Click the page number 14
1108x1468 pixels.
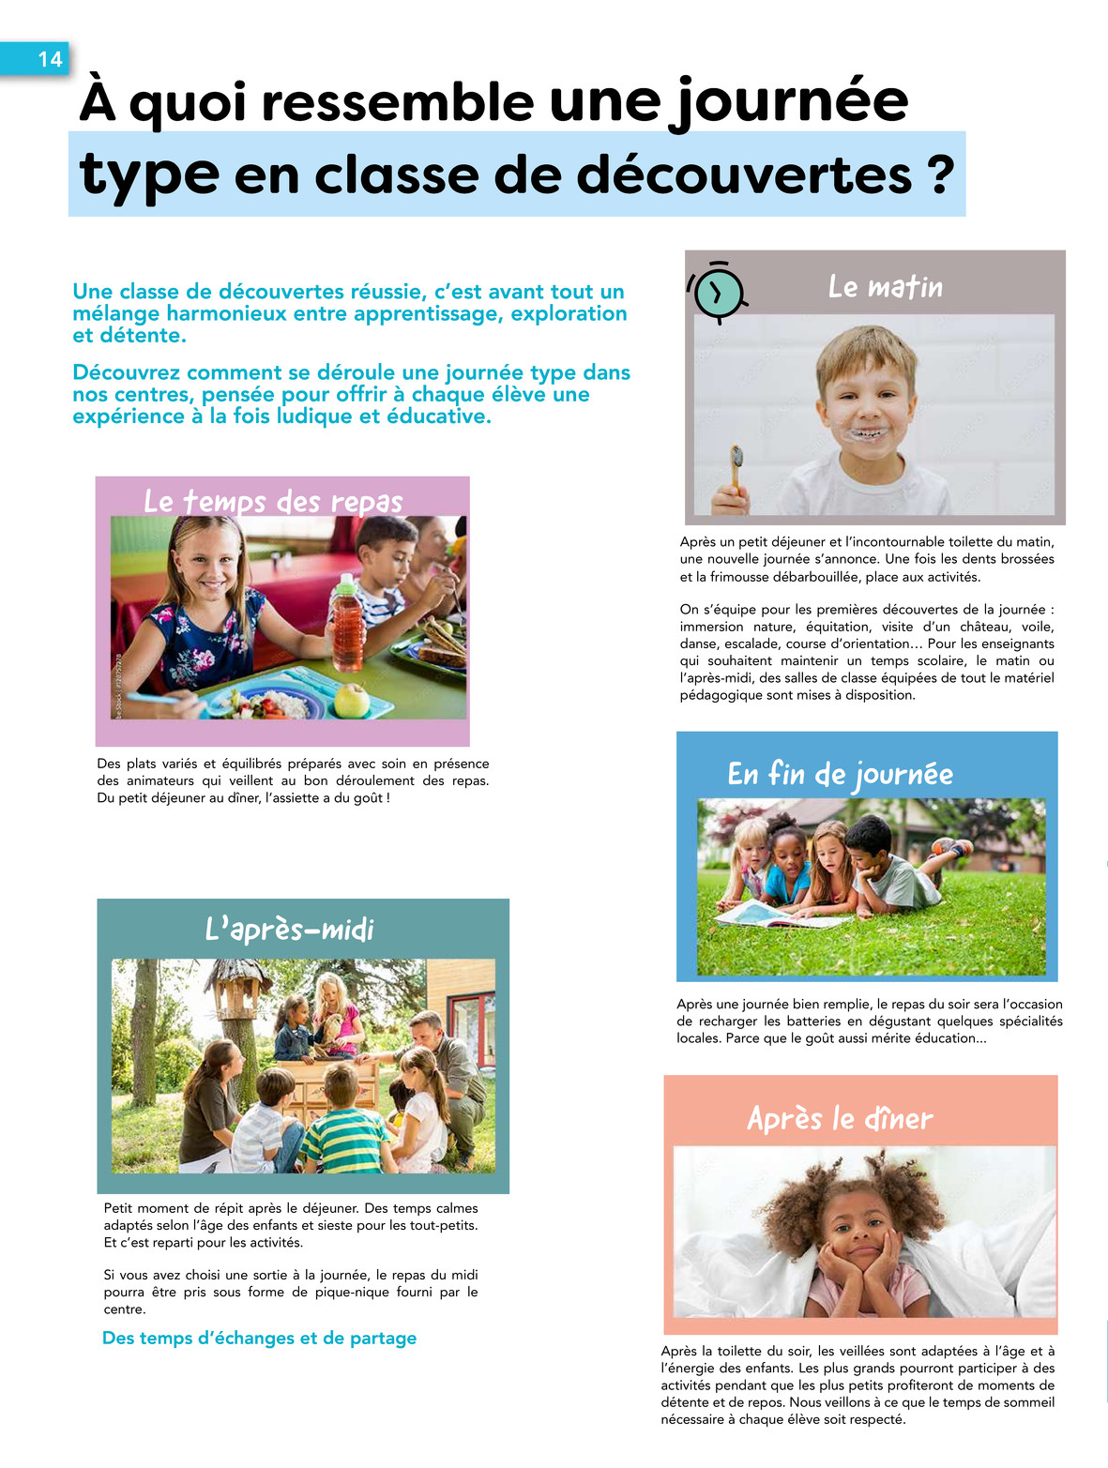point(50,59)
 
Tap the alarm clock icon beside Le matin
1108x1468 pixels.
point(718,293)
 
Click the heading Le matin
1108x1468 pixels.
point(885,286)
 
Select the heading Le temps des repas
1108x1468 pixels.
point(273,501)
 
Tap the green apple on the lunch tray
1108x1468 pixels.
point(352,700)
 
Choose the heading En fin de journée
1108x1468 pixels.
point(840,774)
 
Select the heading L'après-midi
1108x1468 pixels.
point(290,929)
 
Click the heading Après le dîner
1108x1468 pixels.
point(840,1118)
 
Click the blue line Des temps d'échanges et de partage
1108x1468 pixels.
point(259,1338)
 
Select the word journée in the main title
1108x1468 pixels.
point(788,101)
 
